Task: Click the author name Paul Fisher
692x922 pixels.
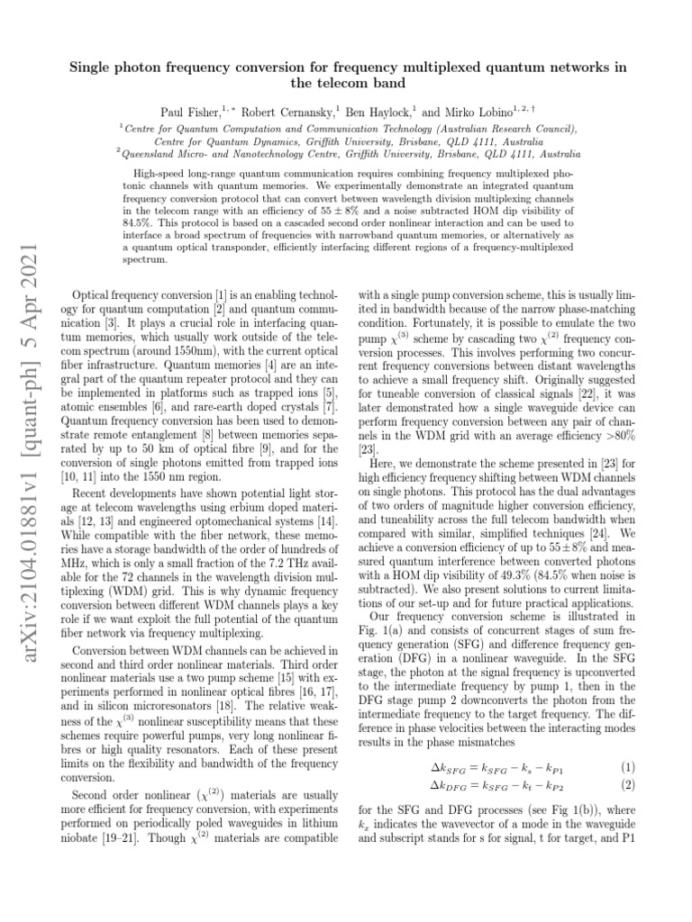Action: [x=190, y=113]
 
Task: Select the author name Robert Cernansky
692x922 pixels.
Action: [x=287, y=113]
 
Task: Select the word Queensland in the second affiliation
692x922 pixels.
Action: [x=154, y=154]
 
